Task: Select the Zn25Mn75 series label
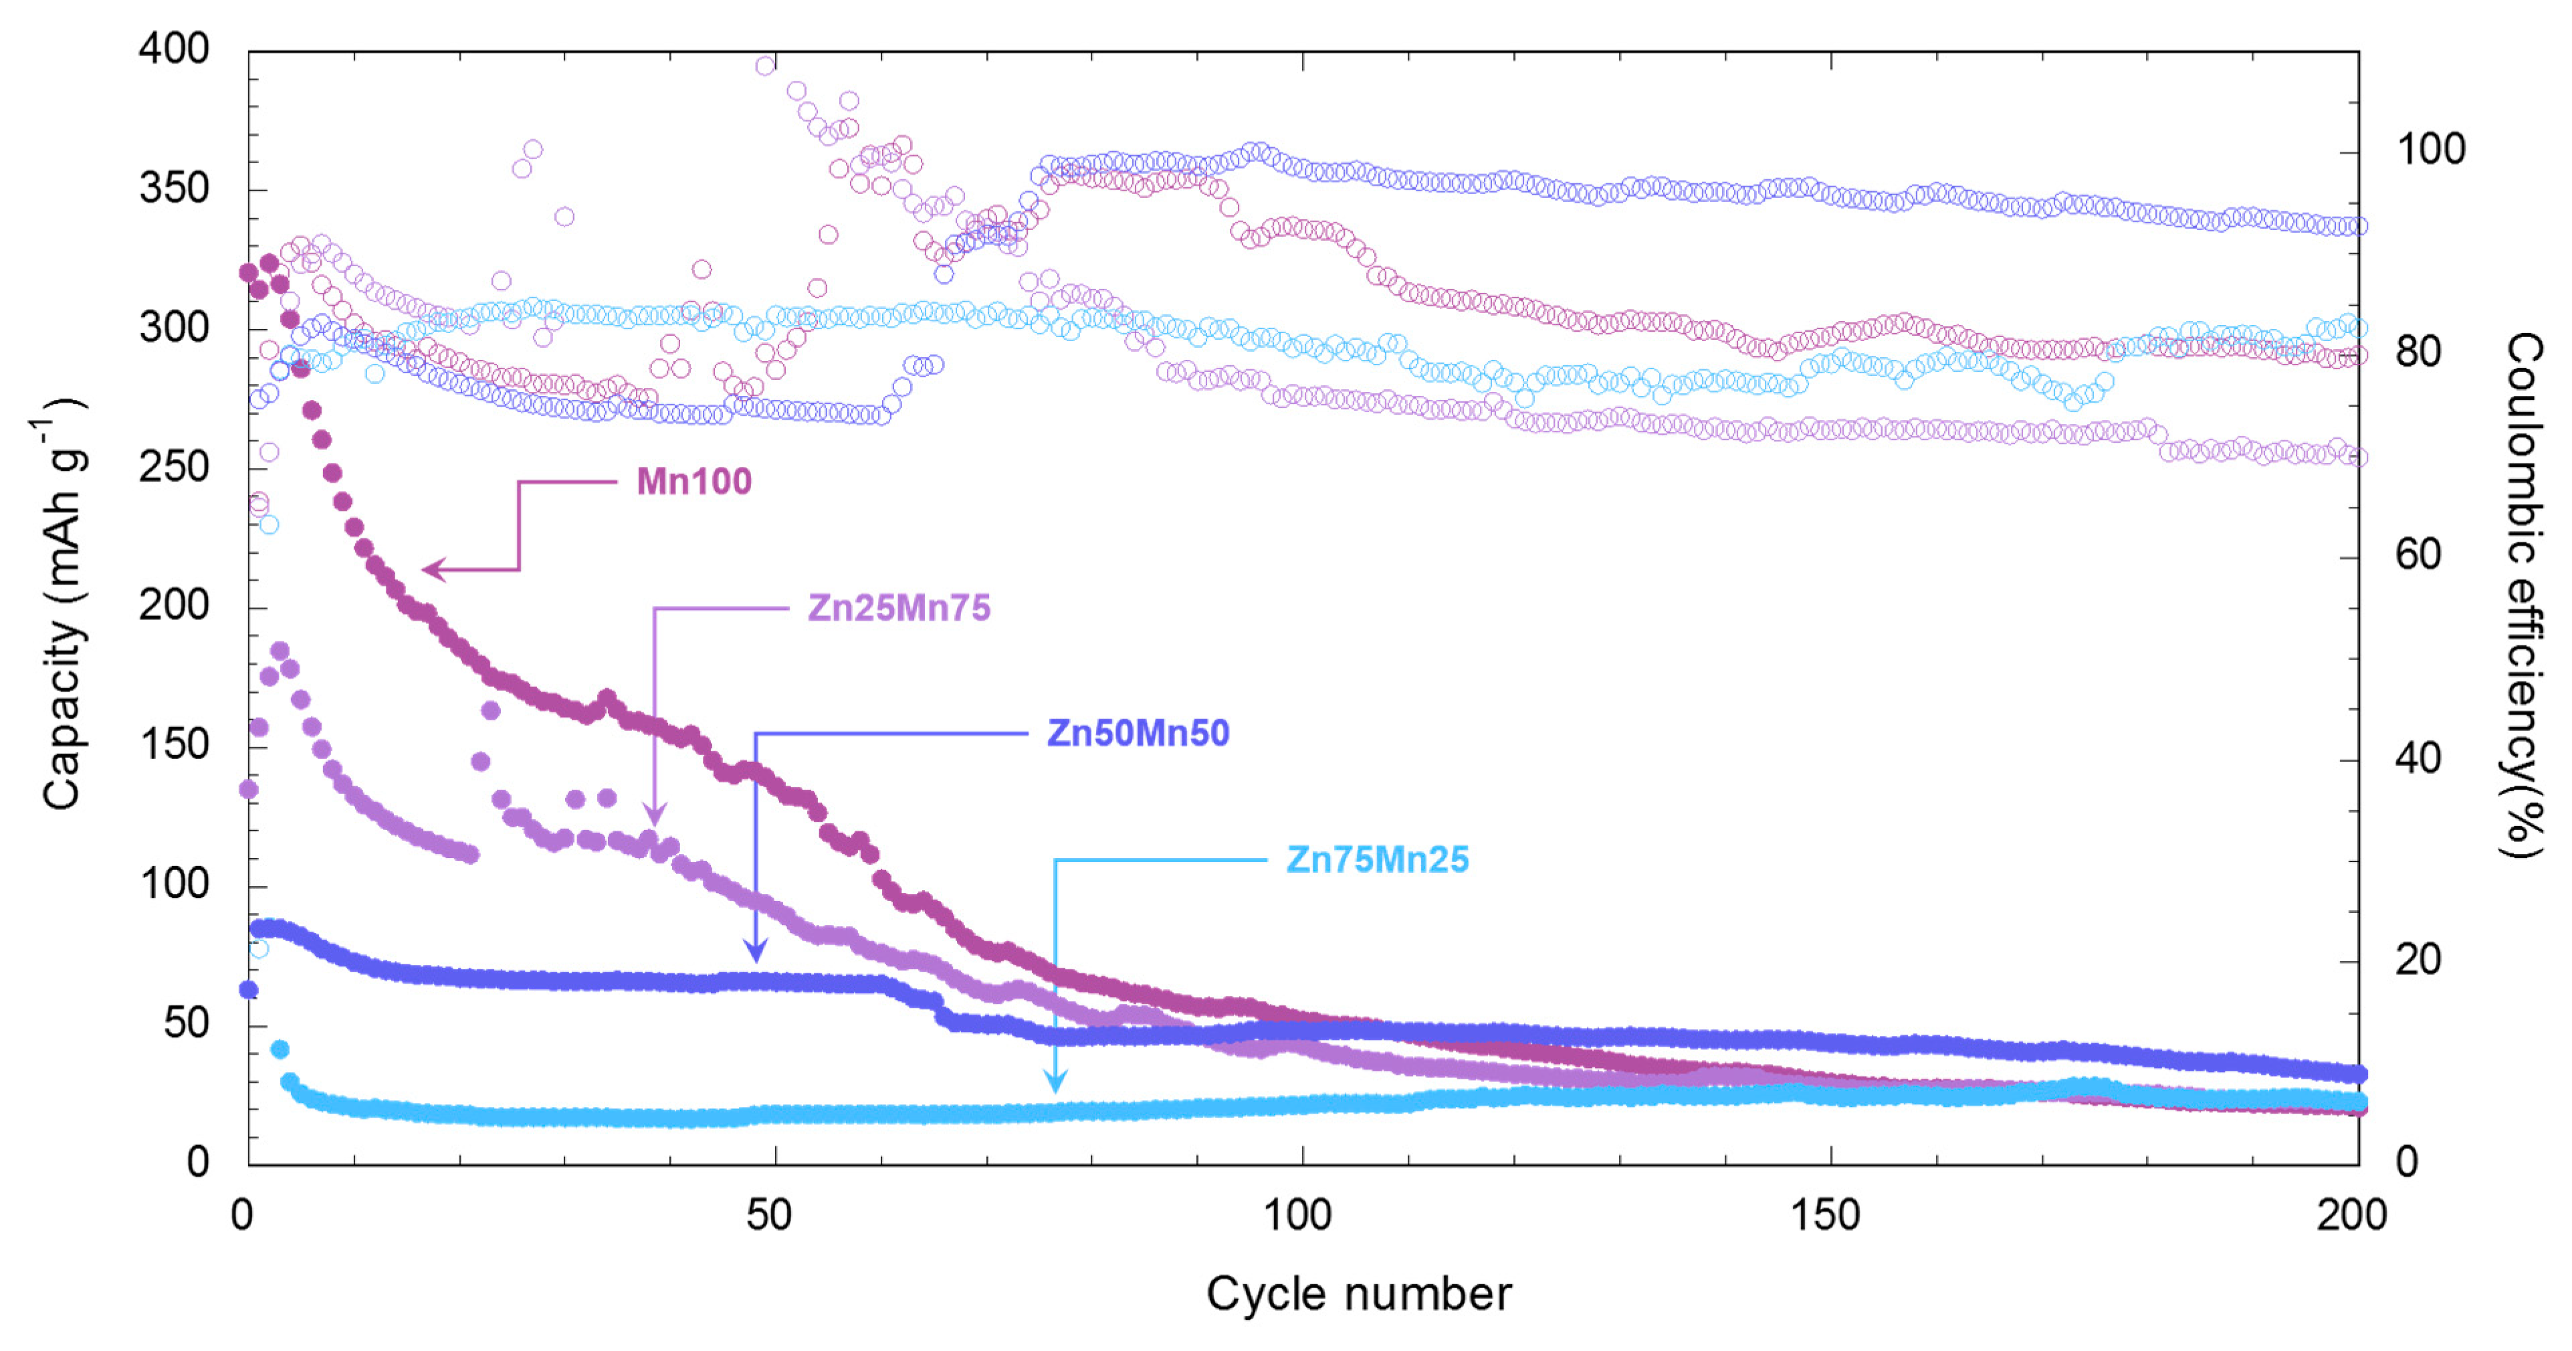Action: point(899,607)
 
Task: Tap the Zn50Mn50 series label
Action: point(1138,733)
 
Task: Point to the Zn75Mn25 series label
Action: point(1377,859)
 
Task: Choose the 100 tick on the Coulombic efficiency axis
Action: point(2430,150)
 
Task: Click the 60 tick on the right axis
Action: point(2418,554)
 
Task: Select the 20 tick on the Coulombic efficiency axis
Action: point(2418,960)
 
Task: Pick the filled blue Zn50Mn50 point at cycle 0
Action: point(249,990)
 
